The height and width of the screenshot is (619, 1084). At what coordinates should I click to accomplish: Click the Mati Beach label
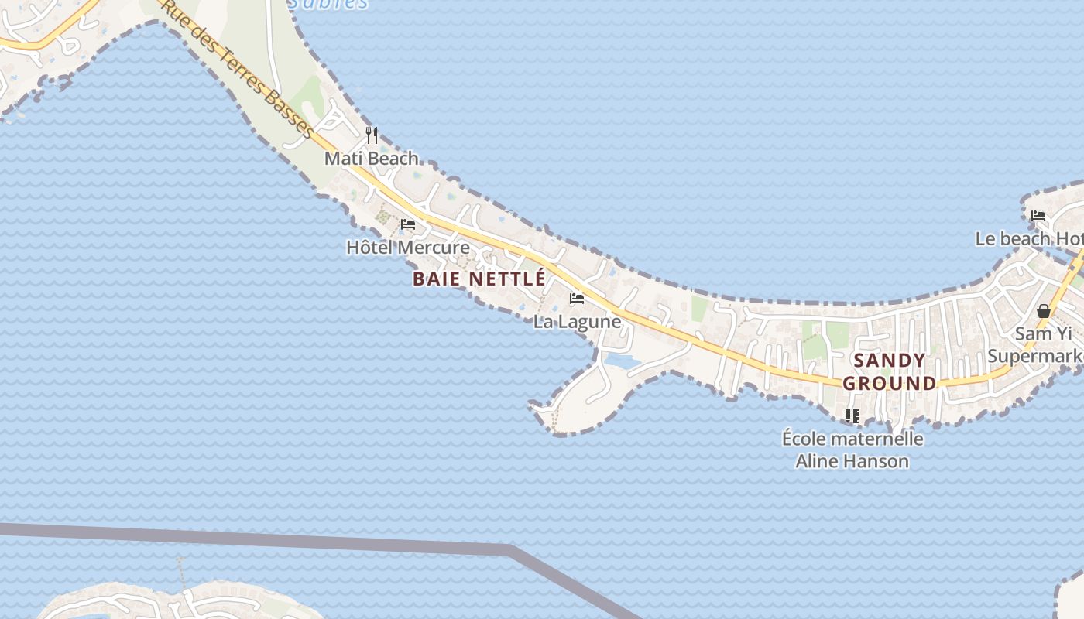click(x=371, y=159)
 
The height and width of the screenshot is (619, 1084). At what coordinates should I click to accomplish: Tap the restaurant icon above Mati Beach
click(x=372, y=135)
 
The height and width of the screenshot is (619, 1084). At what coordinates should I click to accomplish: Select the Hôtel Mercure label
click(x=407, y=248)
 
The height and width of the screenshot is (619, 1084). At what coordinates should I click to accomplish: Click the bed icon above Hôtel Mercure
click(x=408, y=225)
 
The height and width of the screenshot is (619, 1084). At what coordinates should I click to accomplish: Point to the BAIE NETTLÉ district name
click(x=479, y=279)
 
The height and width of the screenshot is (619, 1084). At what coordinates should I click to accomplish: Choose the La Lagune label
click(x=577, y=322)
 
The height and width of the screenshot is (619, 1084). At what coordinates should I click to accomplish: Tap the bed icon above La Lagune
click(x=577, y=299)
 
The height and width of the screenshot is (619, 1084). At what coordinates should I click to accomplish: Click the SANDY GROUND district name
click(x=890, y=371)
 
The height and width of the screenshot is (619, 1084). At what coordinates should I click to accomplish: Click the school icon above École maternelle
click(x=852, y=416)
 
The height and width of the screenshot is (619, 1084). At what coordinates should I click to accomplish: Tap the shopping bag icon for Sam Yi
click(x=1044, y=311)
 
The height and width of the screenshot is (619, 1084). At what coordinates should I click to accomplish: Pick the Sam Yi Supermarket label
click(x=1038, y=345)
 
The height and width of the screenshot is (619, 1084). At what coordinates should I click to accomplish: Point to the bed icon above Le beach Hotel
click(x=1038, y=216)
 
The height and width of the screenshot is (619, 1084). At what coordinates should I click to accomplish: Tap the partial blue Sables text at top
click(x=328, y=4)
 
